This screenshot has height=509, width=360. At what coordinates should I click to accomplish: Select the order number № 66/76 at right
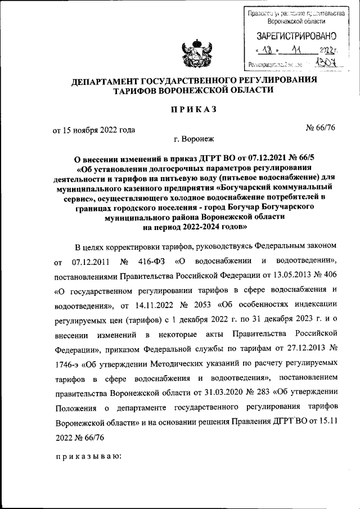point(321,130)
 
